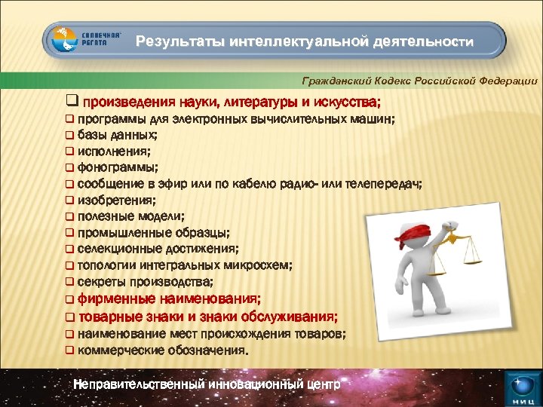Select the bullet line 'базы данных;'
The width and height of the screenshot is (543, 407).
117,135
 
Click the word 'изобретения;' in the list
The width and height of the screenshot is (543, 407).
116,200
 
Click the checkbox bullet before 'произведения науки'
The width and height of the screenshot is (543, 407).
72,101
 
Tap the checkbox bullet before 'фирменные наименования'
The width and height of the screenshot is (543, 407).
69,299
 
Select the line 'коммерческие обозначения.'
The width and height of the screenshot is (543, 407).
162,350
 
